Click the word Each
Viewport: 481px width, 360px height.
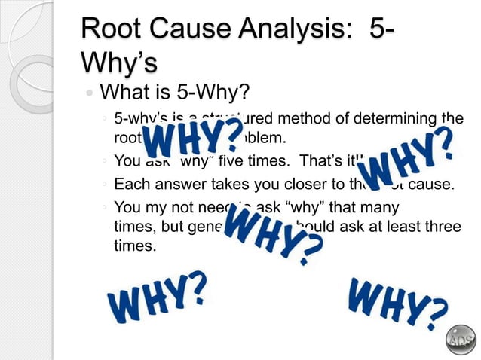pos(130,183)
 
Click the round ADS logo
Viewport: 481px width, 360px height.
pos(461,340)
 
